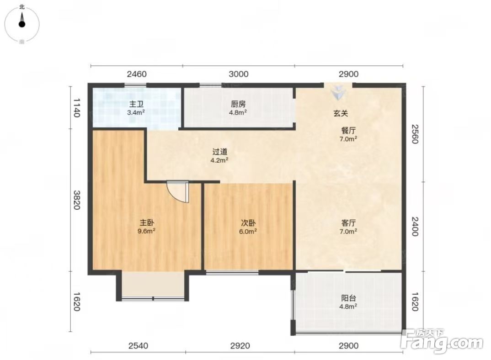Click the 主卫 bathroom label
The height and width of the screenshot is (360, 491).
136,104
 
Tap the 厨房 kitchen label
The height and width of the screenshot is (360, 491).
238,104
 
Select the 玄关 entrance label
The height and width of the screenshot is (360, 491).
341,113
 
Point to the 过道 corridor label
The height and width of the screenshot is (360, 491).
219,152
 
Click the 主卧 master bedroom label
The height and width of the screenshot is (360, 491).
147,223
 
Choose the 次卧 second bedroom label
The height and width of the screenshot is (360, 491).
248,223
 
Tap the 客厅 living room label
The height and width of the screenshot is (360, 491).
348,223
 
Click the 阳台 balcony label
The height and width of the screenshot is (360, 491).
348,298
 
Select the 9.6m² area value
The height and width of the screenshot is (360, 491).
147,231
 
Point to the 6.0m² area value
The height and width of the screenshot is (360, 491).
248,231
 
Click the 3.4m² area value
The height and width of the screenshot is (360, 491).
136,112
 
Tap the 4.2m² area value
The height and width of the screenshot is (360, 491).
219,160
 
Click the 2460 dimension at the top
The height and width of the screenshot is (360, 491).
137,74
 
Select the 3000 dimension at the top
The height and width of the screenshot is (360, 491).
239,74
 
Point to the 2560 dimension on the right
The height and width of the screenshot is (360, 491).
415,134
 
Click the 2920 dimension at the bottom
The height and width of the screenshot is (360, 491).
240,345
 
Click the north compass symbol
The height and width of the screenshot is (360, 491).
22,24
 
